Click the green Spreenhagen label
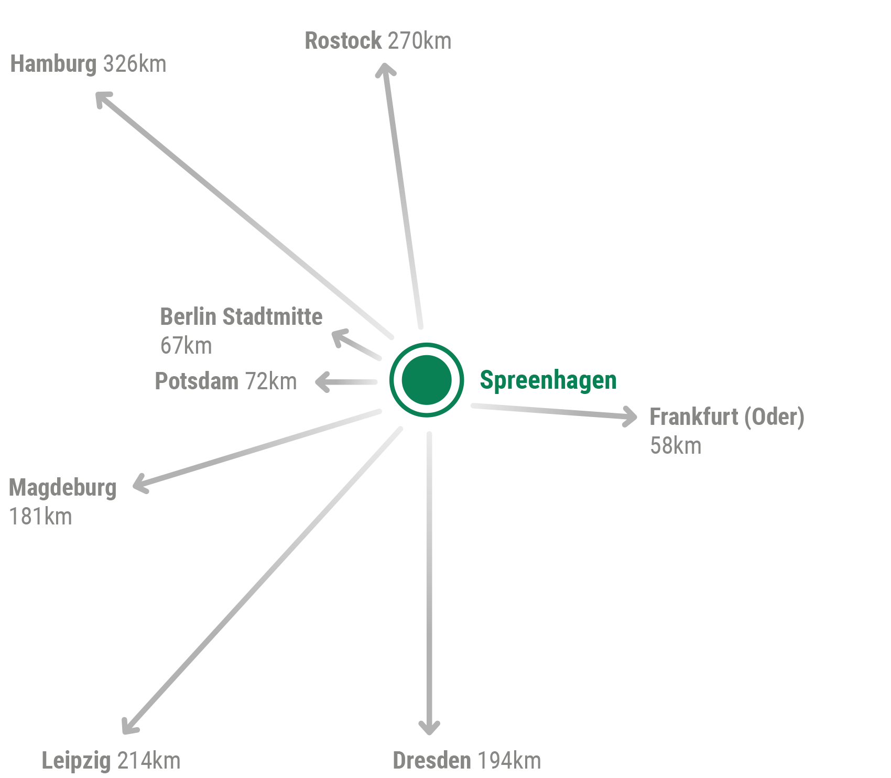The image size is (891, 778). point(548,380)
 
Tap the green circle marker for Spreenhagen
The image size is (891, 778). point(427,380)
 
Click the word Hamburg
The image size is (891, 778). point(53,64)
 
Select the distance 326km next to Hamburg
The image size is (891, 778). point(135,64)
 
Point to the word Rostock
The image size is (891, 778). point(343,41)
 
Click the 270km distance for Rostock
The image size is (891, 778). point(419,41)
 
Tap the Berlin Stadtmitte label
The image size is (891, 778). point(241,316)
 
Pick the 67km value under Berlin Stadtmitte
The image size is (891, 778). point(186,346)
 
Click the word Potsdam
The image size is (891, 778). point(197,381)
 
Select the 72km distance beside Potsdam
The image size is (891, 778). point(271,381)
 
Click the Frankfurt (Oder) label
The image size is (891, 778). point(726,417)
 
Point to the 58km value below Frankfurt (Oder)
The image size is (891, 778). point(676,446)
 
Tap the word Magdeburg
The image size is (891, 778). point(63,488)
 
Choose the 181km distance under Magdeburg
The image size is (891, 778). point(41,517)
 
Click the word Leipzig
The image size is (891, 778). point(76,761)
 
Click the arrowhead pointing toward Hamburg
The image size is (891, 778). point(102,98)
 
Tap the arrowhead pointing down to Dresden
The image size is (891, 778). point(429,727)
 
